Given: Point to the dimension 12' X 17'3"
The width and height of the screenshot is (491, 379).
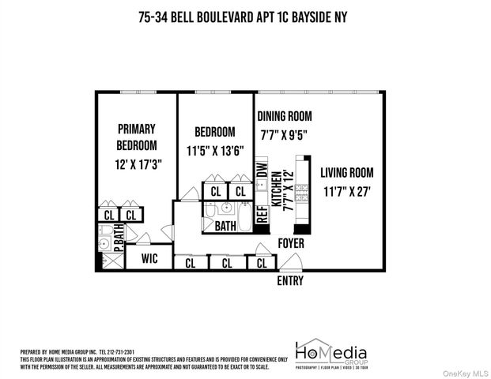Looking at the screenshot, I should [136, 166].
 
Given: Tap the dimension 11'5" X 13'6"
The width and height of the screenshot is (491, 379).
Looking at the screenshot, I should [215, 150].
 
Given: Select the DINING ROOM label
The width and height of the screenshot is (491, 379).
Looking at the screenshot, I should [290, 116].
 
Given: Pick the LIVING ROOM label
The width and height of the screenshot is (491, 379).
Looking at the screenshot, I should [347, 173].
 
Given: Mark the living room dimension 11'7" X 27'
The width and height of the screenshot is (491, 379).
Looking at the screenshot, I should [347, 190].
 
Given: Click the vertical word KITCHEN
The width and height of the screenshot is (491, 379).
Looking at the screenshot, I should [277, 189].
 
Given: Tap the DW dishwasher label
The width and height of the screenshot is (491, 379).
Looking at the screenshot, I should [261, 171].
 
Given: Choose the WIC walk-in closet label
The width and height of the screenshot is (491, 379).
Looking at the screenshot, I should [149, 259].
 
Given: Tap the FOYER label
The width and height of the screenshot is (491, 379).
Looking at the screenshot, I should [291, 244].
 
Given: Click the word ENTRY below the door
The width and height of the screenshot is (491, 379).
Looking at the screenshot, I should [289, 280].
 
